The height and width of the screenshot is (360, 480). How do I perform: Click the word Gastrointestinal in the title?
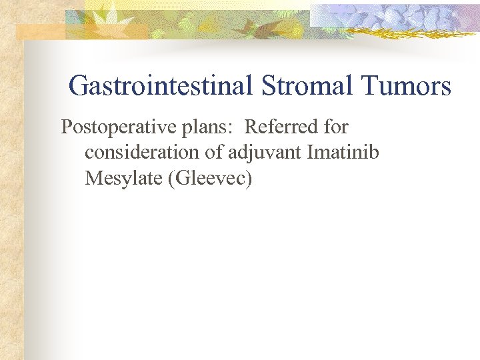pos(159,86)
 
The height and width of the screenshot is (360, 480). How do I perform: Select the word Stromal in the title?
pos(303,86)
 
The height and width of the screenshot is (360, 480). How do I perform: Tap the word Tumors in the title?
pos(406,86)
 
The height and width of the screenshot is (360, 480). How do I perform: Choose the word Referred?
pos(283,127)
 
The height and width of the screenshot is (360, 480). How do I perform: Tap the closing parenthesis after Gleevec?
pos(249,179)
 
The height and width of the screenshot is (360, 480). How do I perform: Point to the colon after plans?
pos(229,128)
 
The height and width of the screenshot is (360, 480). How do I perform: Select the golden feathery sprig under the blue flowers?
pos(400,29)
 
